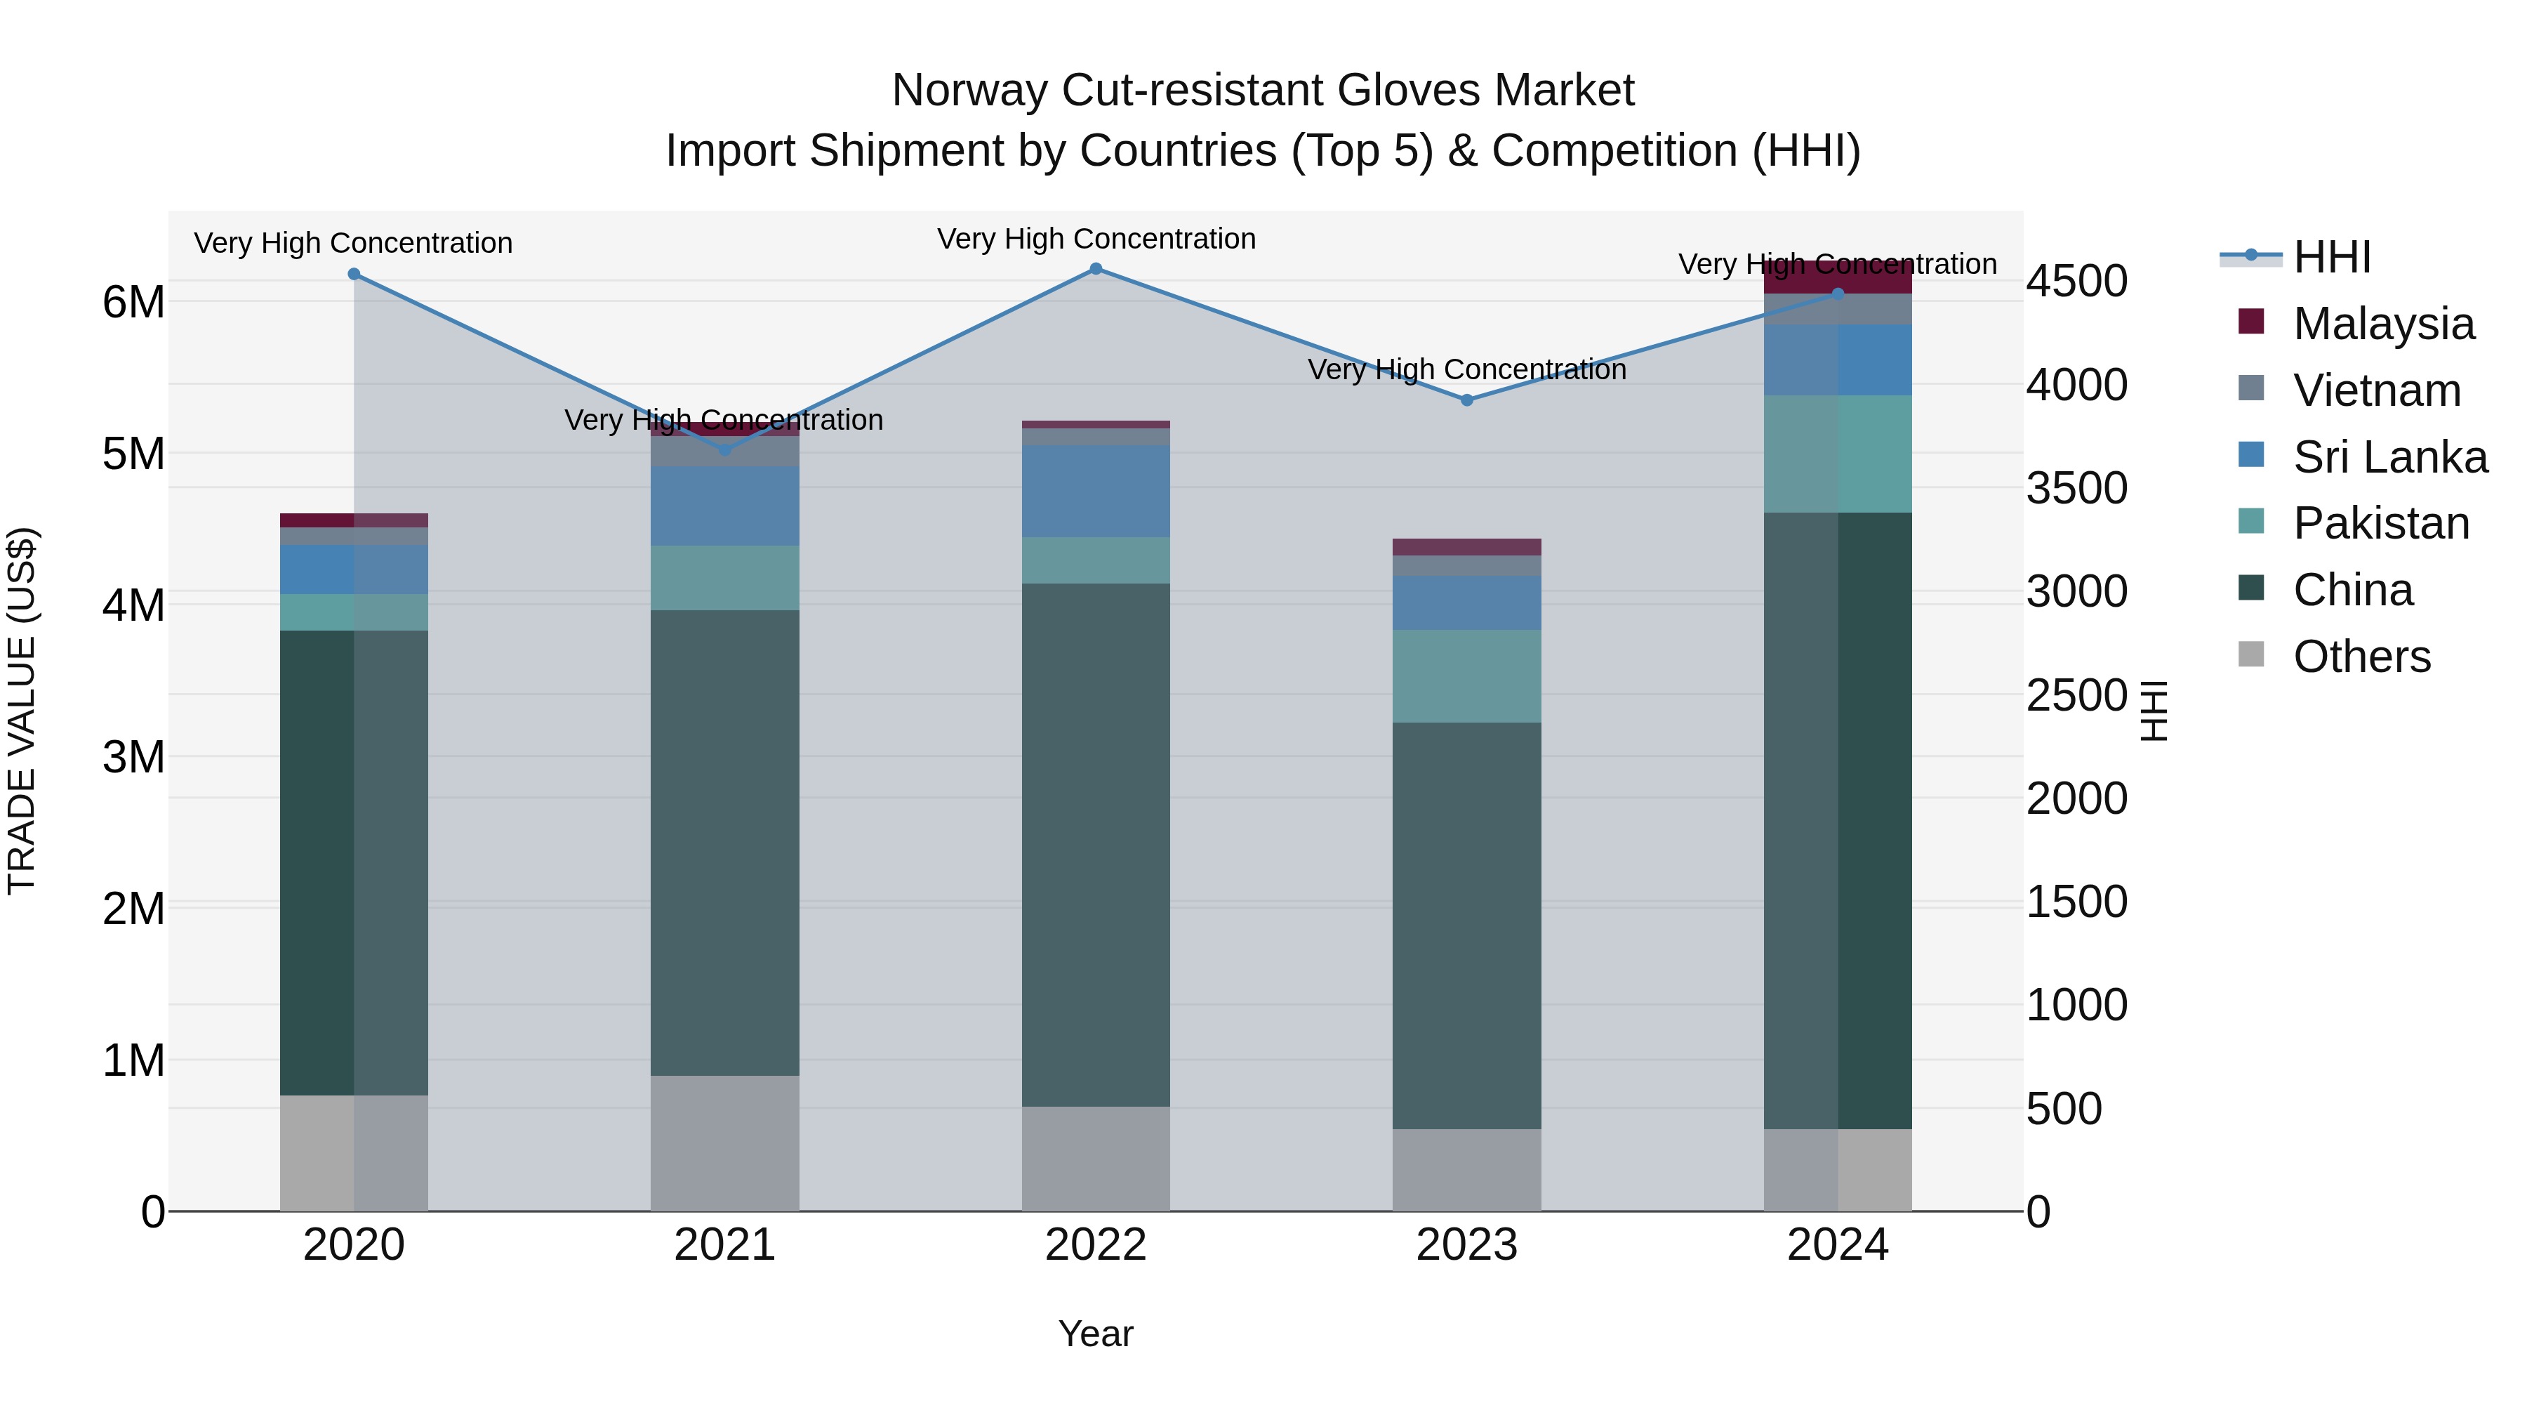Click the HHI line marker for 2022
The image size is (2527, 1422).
pos(1096,269)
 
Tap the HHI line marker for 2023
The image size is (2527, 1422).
pos(1466,400)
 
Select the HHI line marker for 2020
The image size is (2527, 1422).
pos(354,274)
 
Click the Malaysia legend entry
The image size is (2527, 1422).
pos(2383,324)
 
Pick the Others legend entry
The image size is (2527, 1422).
pos(2361,657)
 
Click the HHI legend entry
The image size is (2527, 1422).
pos(2332,257)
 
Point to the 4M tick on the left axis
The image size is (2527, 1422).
pos(133,605)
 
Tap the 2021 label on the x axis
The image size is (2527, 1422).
pos(725,1245)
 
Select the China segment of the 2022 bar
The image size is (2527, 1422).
pos(1096,844)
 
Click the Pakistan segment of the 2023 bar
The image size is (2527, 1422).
pos(1466,676)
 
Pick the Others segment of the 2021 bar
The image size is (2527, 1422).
pos(725,1143)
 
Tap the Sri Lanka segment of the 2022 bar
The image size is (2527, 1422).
pos(1096,491)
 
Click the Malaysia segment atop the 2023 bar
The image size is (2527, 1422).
pos(1466,546)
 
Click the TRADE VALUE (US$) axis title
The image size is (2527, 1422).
pos(22,711)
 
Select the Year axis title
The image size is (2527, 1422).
pos(1096,1334)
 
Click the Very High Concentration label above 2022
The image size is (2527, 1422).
pos(1096,239)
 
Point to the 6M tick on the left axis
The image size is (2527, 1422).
pos(133,302)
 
